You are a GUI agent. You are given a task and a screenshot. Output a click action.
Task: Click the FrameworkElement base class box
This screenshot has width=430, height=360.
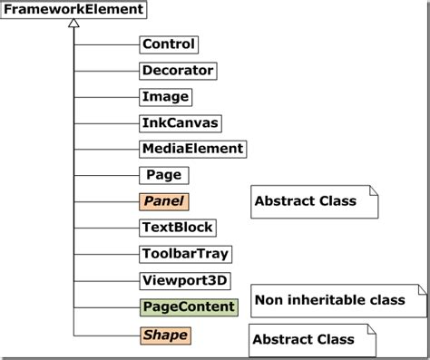(x=74, y=10)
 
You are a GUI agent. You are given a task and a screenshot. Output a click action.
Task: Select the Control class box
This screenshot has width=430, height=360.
(x=168, y=44)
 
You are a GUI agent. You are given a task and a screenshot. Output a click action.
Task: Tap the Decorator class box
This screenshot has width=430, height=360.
(x=178, y=70)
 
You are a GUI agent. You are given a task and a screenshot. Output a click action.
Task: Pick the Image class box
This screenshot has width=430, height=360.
(x=165, y=96)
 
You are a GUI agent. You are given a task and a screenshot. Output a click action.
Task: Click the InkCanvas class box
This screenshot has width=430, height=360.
(x=181, y=122)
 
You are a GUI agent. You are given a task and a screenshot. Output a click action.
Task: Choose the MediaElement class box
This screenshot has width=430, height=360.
(x=192, y=149)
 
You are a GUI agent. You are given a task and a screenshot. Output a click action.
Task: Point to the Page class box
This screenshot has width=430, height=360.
(x=163, y=175)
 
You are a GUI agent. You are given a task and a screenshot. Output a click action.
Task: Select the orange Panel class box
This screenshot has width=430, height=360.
(x=164, y=201)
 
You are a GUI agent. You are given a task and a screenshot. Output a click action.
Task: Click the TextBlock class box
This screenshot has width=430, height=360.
(x=176, y=228)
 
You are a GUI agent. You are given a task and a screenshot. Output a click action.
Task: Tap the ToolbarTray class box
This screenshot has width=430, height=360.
(x=183, y=254)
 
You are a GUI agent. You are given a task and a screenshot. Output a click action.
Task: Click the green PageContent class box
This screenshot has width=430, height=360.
(x=188, y=307)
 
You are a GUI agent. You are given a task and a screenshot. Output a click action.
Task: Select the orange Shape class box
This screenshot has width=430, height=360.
(x=165, y=336)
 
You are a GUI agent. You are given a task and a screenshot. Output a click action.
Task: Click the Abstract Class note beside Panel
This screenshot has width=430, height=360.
(x=313, y=201)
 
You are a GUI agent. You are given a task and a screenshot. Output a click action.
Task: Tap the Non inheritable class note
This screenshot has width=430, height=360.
(x=336, y=301)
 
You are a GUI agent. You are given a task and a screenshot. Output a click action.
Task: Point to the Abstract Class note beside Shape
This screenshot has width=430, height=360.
(x=311, y=341)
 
